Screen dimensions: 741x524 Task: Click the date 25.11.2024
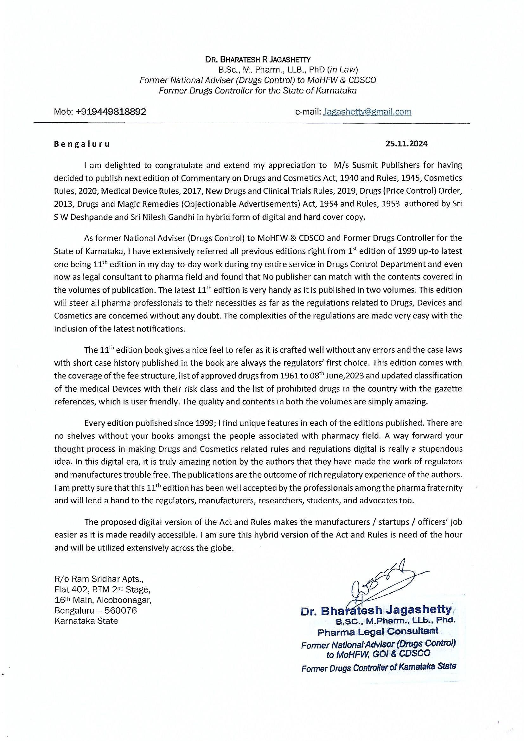point(406,144)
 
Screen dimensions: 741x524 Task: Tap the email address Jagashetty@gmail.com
point(367,112)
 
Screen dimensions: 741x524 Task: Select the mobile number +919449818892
point(111,112)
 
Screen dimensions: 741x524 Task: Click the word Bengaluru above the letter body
point(82,144)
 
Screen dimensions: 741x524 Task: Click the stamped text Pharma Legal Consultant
point(378,631)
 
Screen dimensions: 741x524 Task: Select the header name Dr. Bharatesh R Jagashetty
point(258,59)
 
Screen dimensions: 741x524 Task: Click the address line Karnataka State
point(86,621)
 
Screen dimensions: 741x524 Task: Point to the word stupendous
point(440,449)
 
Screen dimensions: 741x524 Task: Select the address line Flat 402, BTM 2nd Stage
point(102,590)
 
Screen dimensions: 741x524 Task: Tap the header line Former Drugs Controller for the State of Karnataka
point(258,91)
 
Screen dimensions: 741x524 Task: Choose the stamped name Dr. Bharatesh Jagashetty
point(376,610)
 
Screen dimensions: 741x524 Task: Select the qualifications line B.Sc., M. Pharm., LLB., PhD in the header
point(288,70)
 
